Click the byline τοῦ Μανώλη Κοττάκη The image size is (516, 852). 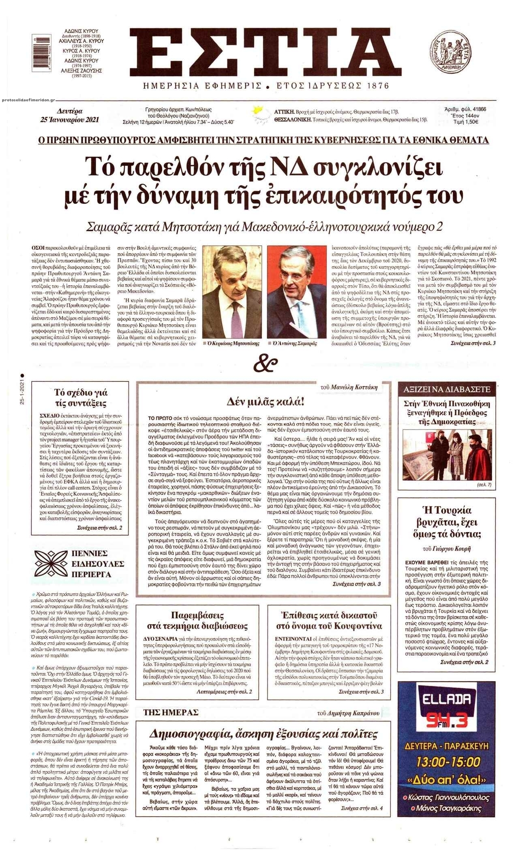point(349,387)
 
